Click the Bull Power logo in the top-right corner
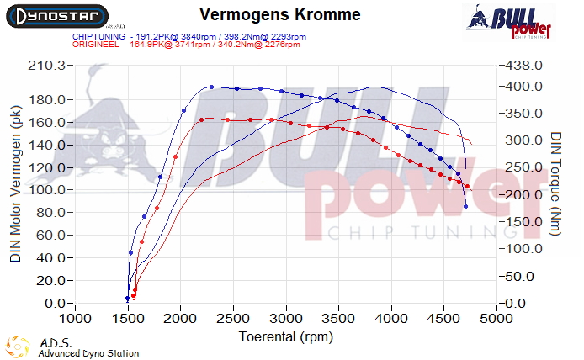(509, 21)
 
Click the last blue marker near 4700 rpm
(466, 206)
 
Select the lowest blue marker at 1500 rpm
(128, 298)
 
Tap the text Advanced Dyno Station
(88, 353)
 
